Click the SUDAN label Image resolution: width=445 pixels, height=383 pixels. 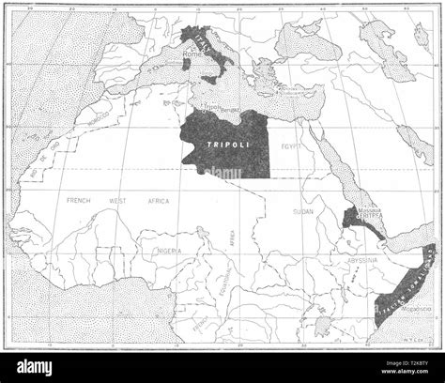point(303,212)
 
